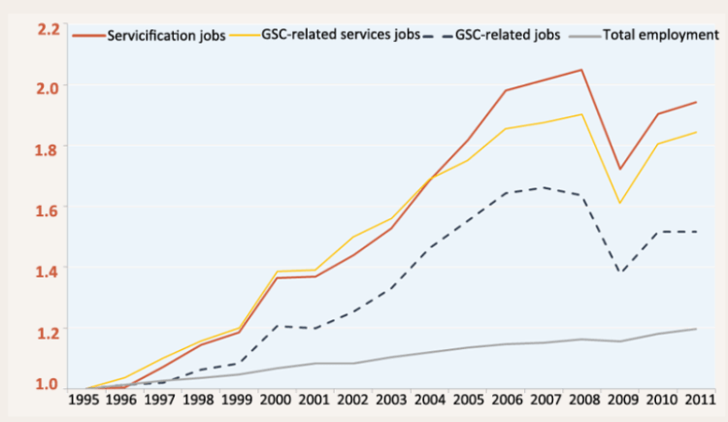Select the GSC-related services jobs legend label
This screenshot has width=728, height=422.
coord(341,35)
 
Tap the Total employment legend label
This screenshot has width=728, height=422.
coord(661,35)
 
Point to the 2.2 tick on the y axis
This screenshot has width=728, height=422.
coord(49,27)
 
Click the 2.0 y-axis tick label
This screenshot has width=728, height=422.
coord(49,86)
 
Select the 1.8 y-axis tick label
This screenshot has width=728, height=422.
coord(49,146)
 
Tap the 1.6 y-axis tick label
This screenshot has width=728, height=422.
coord(49,208)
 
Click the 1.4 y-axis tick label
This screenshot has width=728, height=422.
coord(49,268)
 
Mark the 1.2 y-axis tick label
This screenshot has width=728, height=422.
coord(49,331)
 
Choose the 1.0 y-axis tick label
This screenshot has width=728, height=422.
coord(49,385)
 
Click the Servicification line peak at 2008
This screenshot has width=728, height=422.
coord(581,70)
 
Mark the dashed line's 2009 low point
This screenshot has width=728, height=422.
coord(619,273)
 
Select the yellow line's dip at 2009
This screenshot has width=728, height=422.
coord(619,203)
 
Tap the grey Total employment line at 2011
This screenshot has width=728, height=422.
coord(696,329)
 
